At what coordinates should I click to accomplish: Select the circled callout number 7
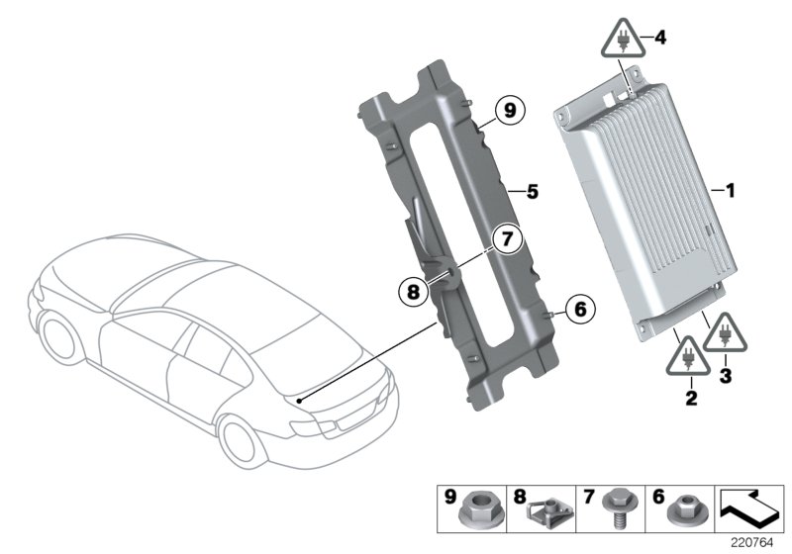point(508,238)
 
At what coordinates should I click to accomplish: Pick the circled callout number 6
point(580,310)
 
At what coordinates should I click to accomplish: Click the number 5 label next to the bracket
point(532,191)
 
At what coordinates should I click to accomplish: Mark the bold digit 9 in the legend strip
point(451,495)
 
